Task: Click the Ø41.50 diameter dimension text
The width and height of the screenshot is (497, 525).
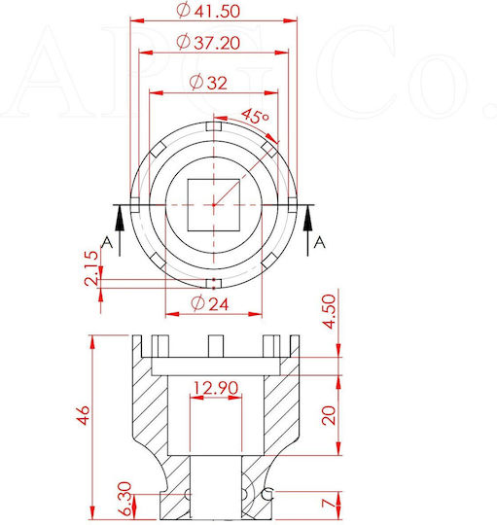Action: pyautogui.click(x=208, y=11)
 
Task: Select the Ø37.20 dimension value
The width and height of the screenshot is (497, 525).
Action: pyautogui.click(x=208, y=43)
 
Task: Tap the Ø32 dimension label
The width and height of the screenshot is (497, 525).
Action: pyautogui.click(x=208, y=83)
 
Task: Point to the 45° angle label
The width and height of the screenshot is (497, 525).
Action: pyautogui.click(x=255, y=117)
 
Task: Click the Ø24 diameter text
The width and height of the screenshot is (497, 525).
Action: pyautogui.click(x=210, y=303)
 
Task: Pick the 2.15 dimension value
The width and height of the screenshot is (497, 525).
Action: pyautogui.click(x=91, y=268)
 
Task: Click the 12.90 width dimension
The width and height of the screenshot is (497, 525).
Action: pyautogui.click(x=216, y=388)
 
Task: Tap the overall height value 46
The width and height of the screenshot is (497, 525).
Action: pyautogui.click(x=84, y=415)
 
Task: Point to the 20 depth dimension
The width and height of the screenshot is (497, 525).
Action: pyautogui.click(x=328, y=415)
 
